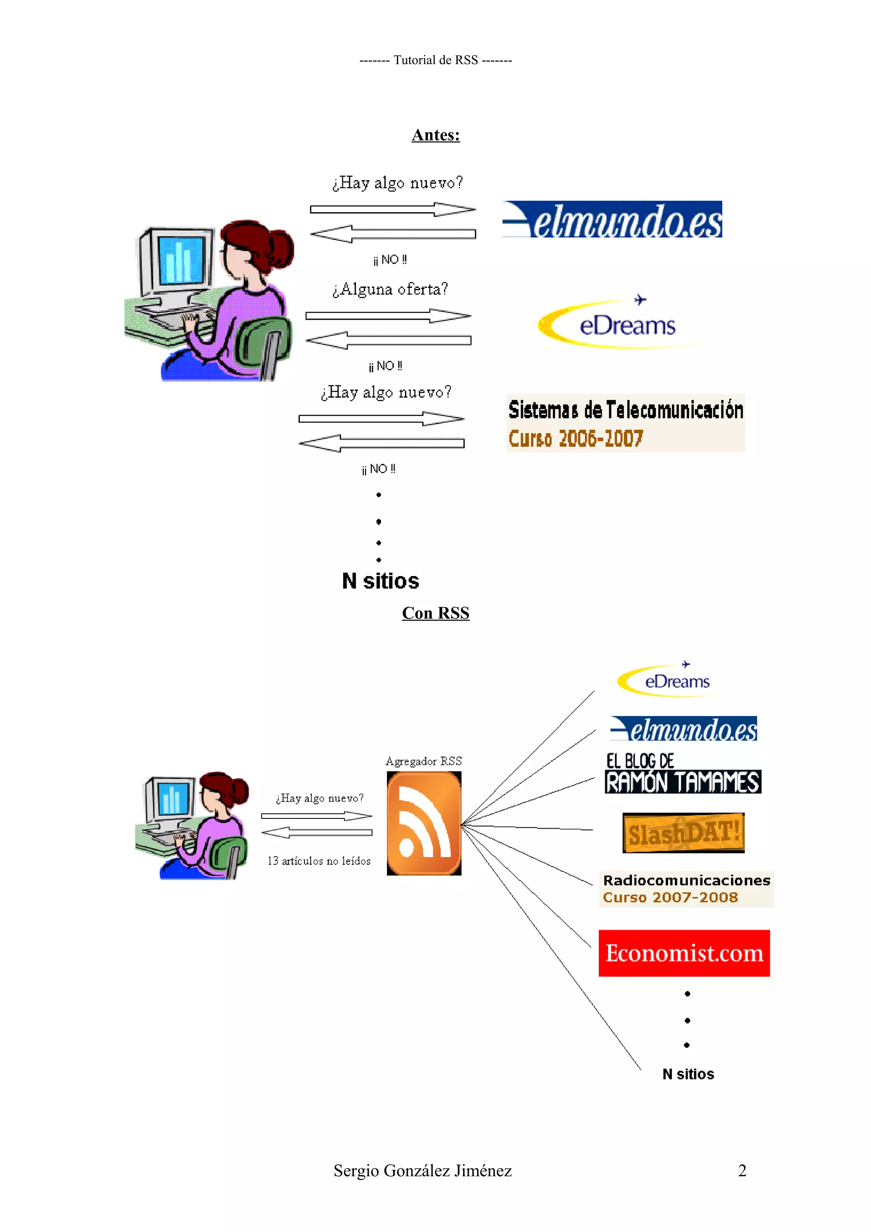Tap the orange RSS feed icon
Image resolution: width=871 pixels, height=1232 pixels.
[x=424, y=823]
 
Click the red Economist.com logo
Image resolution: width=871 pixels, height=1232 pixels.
[x=684, y=953]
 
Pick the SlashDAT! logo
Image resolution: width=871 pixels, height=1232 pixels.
[x=683, y=833]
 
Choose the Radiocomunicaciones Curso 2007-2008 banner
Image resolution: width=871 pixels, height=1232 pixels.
[x=686, y=889]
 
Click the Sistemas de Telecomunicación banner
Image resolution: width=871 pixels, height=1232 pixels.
[x=625, y=423]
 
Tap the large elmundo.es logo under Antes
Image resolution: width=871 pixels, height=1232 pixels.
[x=612, y=219]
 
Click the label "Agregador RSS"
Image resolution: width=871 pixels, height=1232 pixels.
[x=424, y=761]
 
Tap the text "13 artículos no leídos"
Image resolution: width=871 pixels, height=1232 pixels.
[x=319, y=861]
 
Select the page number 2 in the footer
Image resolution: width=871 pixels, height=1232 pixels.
[x=742, y=1171]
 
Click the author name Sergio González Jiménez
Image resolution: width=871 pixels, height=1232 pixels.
[x=422, y=1171]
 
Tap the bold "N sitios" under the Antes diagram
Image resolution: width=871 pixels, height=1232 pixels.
[x=381, y=581]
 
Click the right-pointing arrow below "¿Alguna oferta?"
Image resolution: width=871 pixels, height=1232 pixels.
[x=389, y=315]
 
